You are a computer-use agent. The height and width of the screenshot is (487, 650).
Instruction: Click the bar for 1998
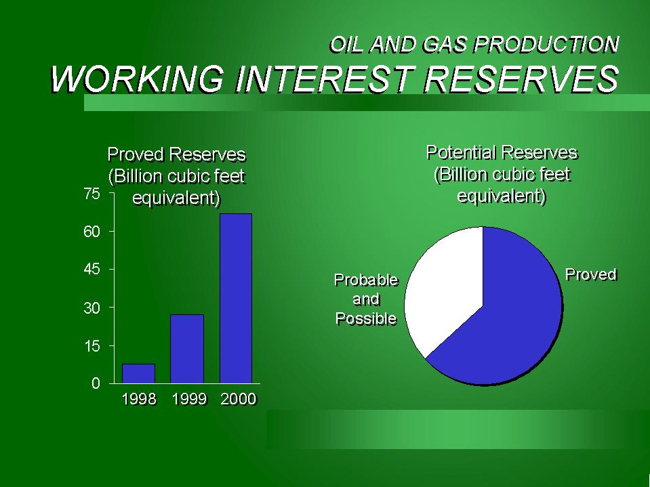(138, 373)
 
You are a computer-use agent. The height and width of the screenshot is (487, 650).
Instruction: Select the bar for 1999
(187, 349)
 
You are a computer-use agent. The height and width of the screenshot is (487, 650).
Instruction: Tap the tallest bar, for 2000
(236, 299)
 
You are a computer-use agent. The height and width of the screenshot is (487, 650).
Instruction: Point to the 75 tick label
(92, 194)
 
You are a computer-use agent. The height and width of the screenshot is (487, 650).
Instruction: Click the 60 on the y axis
(92, 232)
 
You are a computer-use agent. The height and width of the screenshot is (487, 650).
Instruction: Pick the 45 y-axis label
(92, 270)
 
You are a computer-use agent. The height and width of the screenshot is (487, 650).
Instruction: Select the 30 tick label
(92, 308)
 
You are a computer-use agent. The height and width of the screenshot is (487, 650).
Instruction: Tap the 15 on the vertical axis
(92, 346)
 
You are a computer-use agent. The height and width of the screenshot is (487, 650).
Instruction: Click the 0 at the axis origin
(96, 383)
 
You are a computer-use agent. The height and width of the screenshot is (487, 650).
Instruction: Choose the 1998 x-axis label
(140, 399)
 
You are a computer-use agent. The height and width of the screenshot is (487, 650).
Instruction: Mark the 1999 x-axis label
(189, 399)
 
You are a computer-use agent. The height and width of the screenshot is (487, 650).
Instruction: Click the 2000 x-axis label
(239, 399)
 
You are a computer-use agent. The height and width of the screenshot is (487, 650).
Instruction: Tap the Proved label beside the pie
(592, 274)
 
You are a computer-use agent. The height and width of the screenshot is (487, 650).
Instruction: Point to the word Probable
(366, 280)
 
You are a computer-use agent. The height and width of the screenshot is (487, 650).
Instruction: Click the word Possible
(366, 318)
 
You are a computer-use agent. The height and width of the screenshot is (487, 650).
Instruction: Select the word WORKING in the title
(137, 79)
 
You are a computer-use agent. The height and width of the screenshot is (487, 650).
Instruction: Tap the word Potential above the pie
(462, 153)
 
